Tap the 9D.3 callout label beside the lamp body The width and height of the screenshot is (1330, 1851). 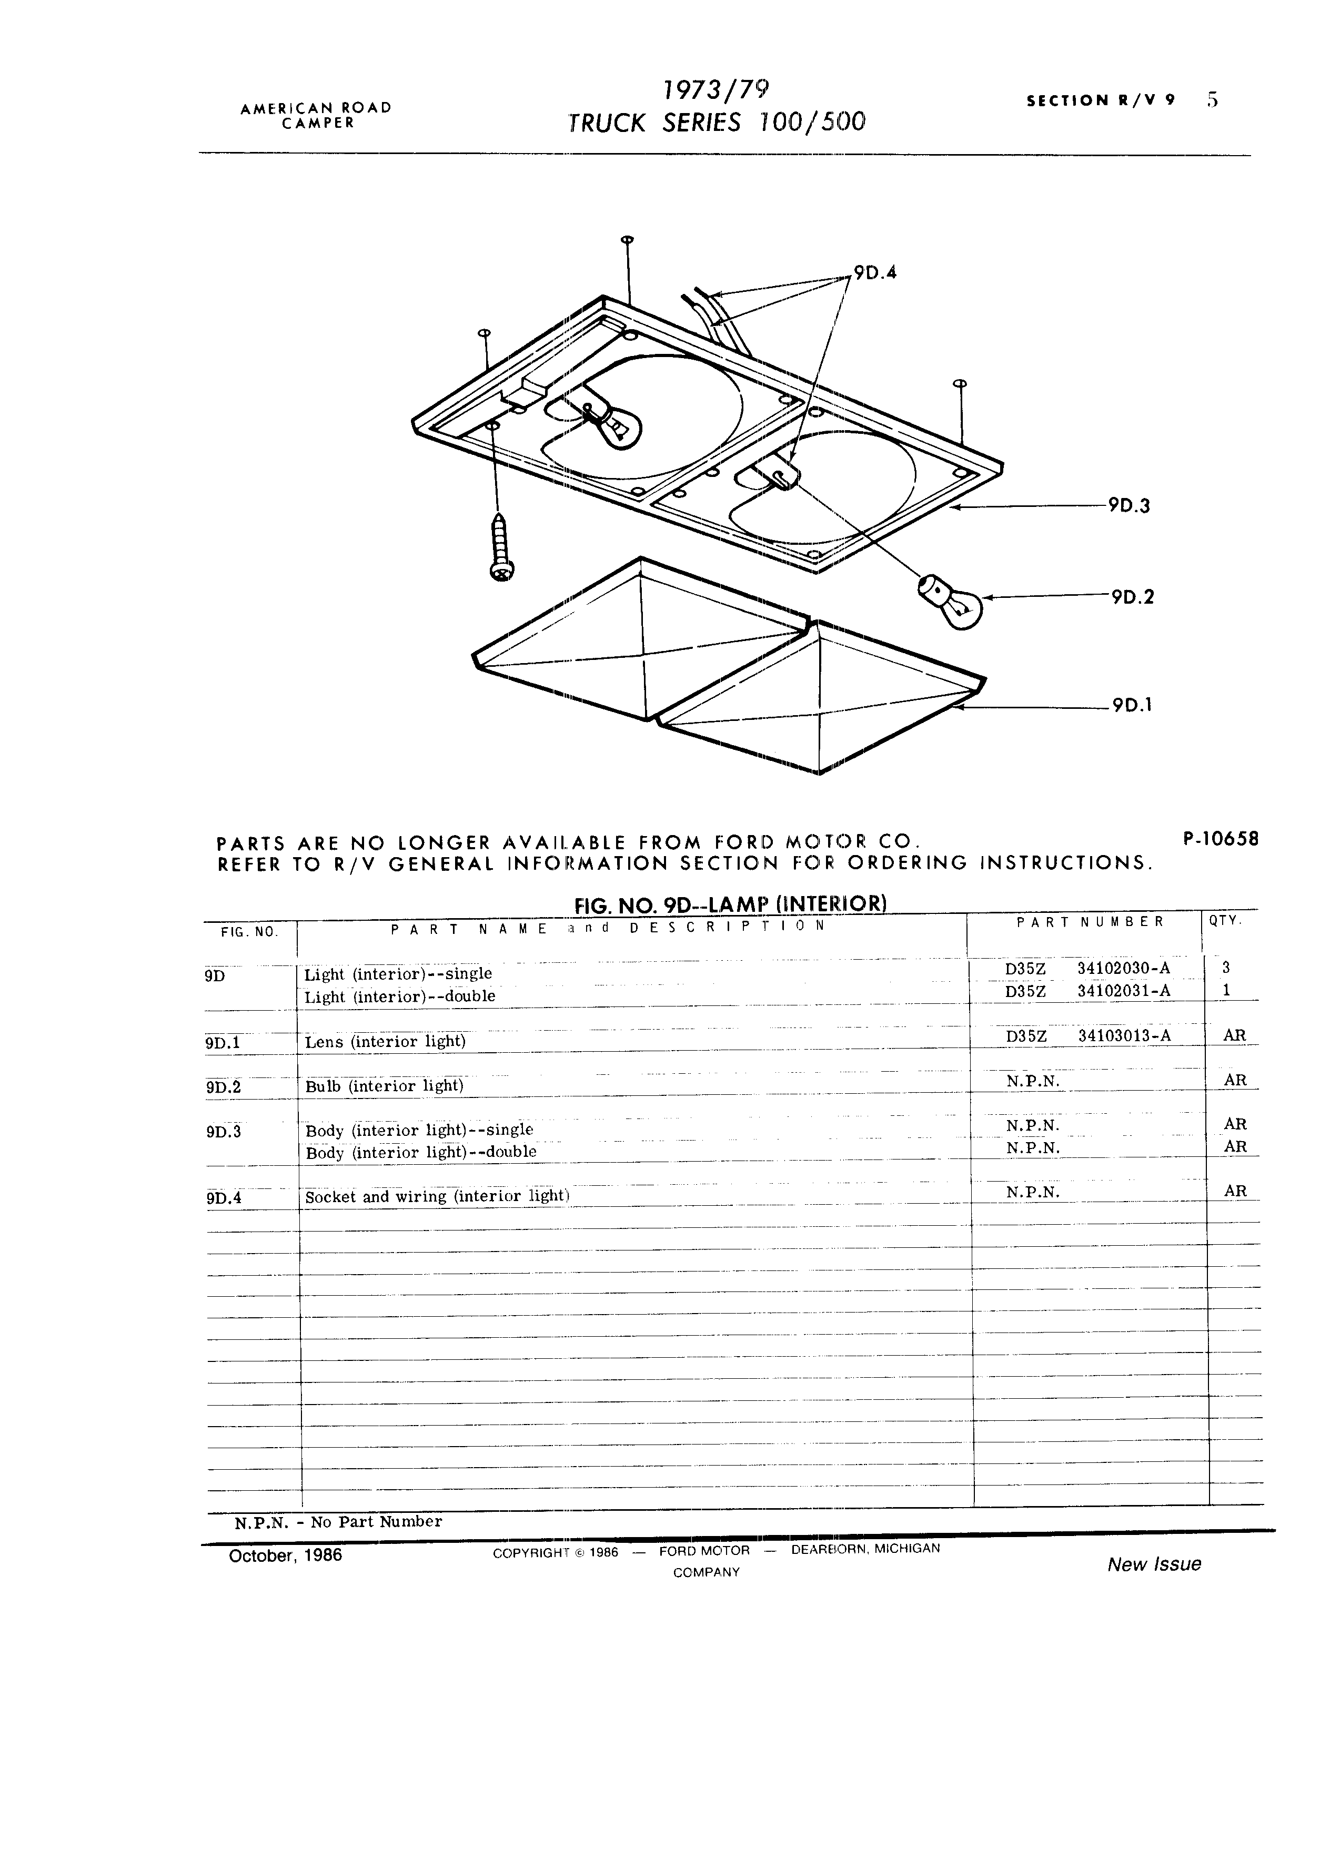[1129, 506]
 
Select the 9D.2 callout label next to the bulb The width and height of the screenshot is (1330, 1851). [1132, 597]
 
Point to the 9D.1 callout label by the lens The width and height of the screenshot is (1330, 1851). [1132, 705]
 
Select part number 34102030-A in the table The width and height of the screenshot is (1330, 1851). [1123, 968]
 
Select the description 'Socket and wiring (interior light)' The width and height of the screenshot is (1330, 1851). [437, 1196]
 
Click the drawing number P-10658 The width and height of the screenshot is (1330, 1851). [1220, 838]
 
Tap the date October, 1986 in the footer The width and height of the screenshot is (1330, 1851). [285, 1555]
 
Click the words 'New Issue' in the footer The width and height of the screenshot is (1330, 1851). [1154, 1564]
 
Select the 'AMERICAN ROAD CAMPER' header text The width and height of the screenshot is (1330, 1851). [316, 115]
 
